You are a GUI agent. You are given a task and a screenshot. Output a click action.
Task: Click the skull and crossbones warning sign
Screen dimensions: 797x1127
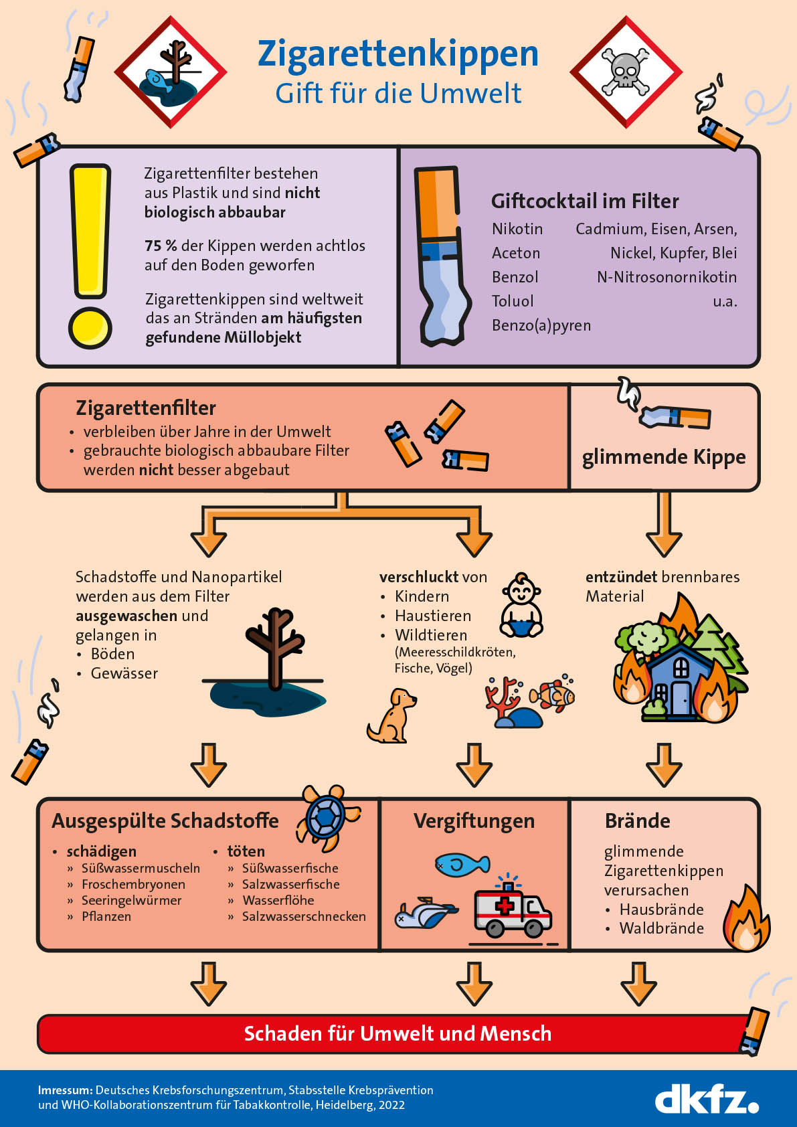tap(626, 72)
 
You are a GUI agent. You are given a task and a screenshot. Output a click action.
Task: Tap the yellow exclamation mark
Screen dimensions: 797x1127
tap(90, 256)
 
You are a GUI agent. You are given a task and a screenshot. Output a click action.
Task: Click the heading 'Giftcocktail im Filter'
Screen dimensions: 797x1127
tap(585, 201)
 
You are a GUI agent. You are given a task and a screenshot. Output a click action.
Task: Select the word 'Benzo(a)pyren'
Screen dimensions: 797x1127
tap(541, 325)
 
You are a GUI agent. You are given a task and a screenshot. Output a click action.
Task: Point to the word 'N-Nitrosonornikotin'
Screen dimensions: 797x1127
tap(667, 277)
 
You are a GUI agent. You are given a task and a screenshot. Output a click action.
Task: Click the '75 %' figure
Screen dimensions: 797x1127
tap(161, 246)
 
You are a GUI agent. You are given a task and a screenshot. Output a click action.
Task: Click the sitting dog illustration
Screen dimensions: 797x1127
tap(391, 715)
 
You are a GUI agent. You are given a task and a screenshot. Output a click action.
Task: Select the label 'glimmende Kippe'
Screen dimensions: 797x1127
tap(664, 457)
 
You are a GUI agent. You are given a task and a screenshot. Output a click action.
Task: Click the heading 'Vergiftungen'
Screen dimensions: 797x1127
tap(474, 822)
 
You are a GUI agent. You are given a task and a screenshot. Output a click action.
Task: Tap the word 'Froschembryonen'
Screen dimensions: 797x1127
tap(133, 884)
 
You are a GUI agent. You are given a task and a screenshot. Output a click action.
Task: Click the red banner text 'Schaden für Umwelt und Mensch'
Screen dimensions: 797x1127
tap(397, 1033)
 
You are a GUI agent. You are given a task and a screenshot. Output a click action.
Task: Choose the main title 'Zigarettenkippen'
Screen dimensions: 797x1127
tap(398, 54)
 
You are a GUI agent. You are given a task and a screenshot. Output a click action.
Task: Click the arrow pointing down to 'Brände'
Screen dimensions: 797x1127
tap(664, 765)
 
